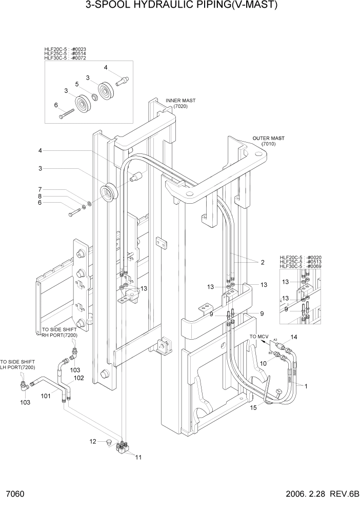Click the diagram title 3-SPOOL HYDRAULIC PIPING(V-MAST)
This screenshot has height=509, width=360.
pyautogui.click(x=179, y=7)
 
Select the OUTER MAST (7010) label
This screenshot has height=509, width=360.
pyautogui.click(x=268, y=141)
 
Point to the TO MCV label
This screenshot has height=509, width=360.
pyautogui.click(x=259, y=336)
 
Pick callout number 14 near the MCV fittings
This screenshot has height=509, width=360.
pyautogui.click(x=294, y=337)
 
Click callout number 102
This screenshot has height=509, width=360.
pyautogui.click(x=78, y=378)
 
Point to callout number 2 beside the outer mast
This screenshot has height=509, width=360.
pyautogui.click(x=262, y=262)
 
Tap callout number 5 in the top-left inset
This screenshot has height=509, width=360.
pyautogui.click(x=76, y=84)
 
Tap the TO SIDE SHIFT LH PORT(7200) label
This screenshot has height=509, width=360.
pyautogui.click(x=18, y=365)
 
